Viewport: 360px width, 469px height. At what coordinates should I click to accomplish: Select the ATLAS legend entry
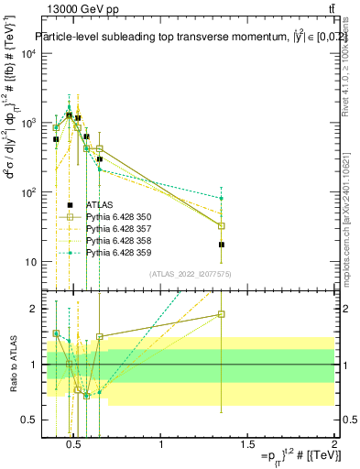(x=100, y=204)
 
